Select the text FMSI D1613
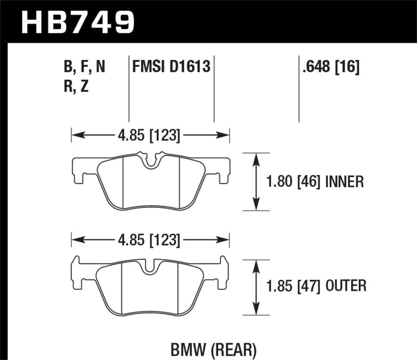170,67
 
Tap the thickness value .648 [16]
329,67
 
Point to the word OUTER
346,285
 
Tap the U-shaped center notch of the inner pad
151,162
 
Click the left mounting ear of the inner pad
79,169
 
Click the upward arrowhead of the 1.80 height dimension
256,158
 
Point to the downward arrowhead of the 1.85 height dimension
256,309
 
